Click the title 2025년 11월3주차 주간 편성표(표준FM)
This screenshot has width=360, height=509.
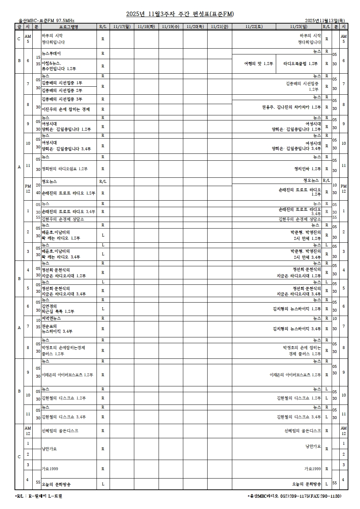point(180,14)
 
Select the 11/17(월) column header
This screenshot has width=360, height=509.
point(122,26)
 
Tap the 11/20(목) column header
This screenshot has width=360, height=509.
point(195,26)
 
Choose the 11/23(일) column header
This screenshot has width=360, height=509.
point(299,26)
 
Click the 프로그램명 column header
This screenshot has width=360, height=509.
point(69,26)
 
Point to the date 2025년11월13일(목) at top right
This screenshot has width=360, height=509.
point(325,21)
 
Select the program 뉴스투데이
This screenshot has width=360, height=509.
point(52,54)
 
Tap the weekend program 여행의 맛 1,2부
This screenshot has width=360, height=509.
point(258,64)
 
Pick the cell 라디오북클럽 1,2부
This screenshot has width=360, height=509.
point(300,64)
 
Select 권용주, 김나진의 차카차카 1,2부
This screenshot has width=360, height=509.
point(291,107)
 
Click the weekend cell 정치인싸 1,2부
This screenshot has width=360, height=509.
point(307,169)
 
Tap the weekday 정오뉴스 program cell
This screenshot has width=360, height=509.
point(49,181)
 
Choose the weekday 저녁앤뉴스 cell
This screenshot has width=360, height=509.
point(51,319)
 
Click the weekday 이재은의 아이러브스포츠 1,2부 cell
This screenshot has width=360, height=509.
point(67,375)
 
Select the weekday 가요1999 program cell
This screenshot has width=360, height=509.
point(50,469)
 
